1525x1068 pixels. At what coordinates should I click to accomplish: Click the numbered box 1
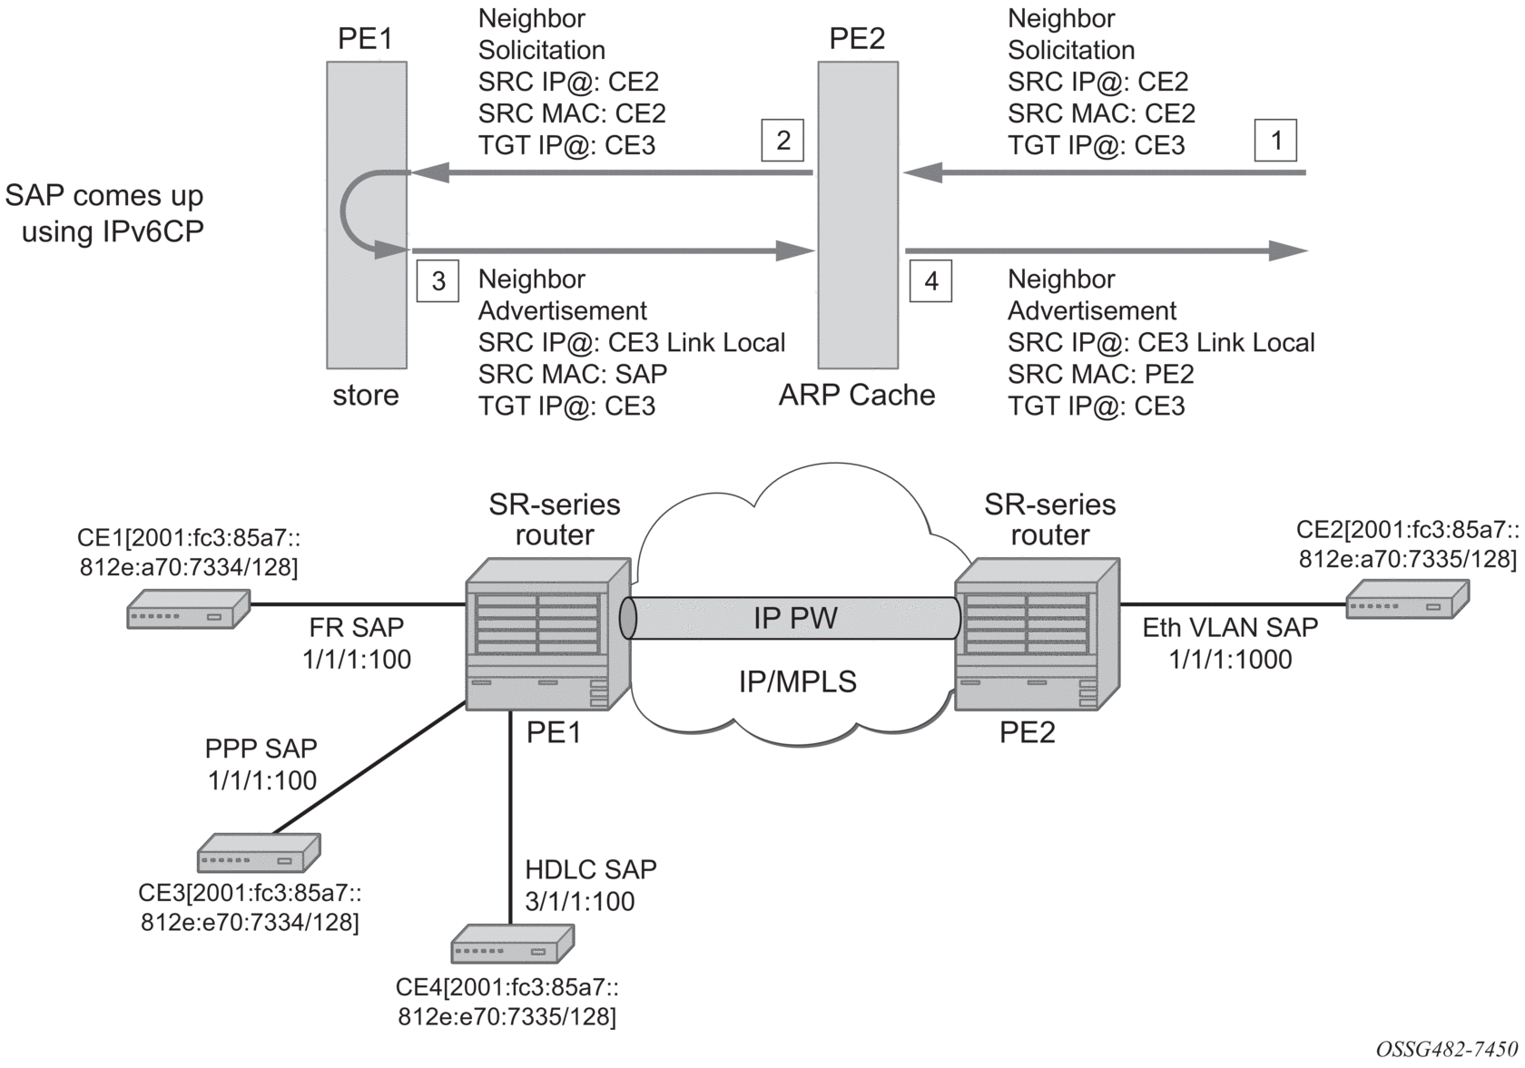pos(1275,141)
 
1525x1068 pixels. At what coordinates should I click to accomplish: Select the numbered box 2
pos(782,140)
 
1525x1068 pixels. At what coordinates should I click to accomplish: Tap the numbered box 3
pos(438,281)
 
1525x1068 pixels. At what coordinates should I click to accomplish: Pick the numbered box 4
pos(930,281)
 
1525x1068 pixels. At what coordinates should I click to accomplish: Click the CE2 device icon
pos(1407,599)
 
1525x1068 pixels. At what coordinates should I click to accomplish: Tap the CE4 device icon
pos(513,944)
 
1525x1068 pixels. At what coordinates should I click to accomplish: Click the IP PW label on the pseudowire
pos(795,619)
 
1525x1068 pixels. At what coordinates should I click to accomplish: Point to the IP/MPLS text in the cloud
pos(797,681)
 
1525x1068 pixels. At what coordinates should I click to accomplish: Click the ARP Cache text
pos(857,396)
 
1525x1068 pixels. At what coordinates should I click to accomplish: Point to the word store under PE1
pos(366,396)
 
